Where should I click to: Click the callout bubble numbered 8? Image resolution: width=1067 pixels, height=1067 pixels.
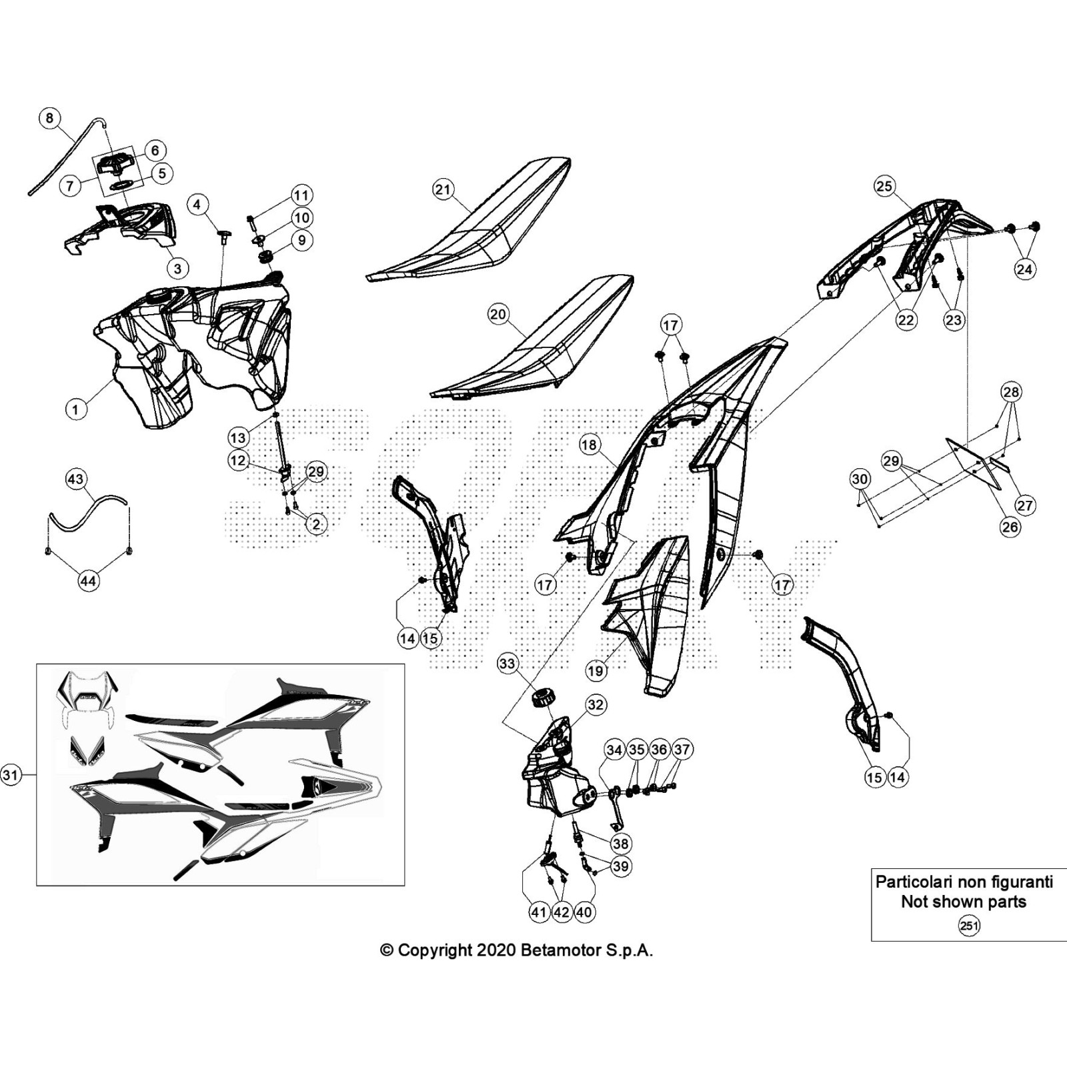pos(49,119)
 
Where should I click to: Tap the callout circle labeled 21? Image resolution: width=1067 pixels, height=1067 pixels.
pos(443,189)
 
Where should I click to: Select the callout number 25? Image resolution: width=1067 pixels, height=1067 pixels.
pos(884,186)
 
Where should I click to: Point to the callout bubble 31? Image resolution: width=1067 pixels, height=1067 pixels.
pos(10,774)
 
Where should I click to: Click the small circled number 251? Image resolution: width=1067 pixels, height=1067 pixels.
pos(968,926)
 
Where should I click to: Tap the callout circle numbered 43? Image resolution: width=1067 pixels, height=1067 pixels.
pos(75,479)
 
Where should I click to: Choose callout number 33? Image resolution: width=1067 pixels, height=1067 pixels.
pos(507,663)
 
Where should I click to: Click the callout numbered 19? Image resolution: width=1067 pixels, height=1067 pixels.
pos(596,671)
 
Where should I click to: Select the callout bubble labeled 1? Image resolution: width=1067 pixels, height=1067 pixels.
pos(75,409)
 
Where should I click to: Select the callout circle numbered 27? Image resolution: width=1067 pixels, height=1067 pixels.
pos(1025,505)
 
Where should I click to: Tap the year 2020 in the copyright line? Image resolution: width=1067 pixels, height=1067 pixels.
pos(495,950)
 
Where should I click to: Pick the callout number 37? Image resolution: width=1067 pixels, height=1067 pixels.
pos(681,750)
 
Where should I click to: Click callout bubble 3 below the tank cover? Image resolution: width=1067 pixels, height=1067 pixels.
pos(177,268)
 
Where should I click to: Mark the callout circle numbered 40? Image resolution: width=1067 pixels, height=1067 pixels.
pos(584,912)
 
